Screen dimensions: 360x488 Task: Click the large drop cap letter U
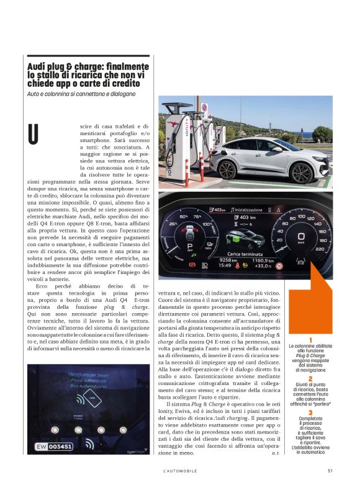[34, 133]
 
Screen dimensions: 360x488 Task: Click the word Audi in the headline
[37, 66]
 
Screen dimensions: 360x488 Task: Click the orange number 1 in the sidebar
[310, 340]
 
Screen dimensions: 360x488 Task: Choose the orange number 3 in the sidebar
[310, 412]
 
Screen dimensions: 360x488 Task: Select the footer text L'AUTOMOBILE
[180, 470]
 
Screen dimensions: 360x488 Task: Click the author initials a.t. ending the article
[275, 454]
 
